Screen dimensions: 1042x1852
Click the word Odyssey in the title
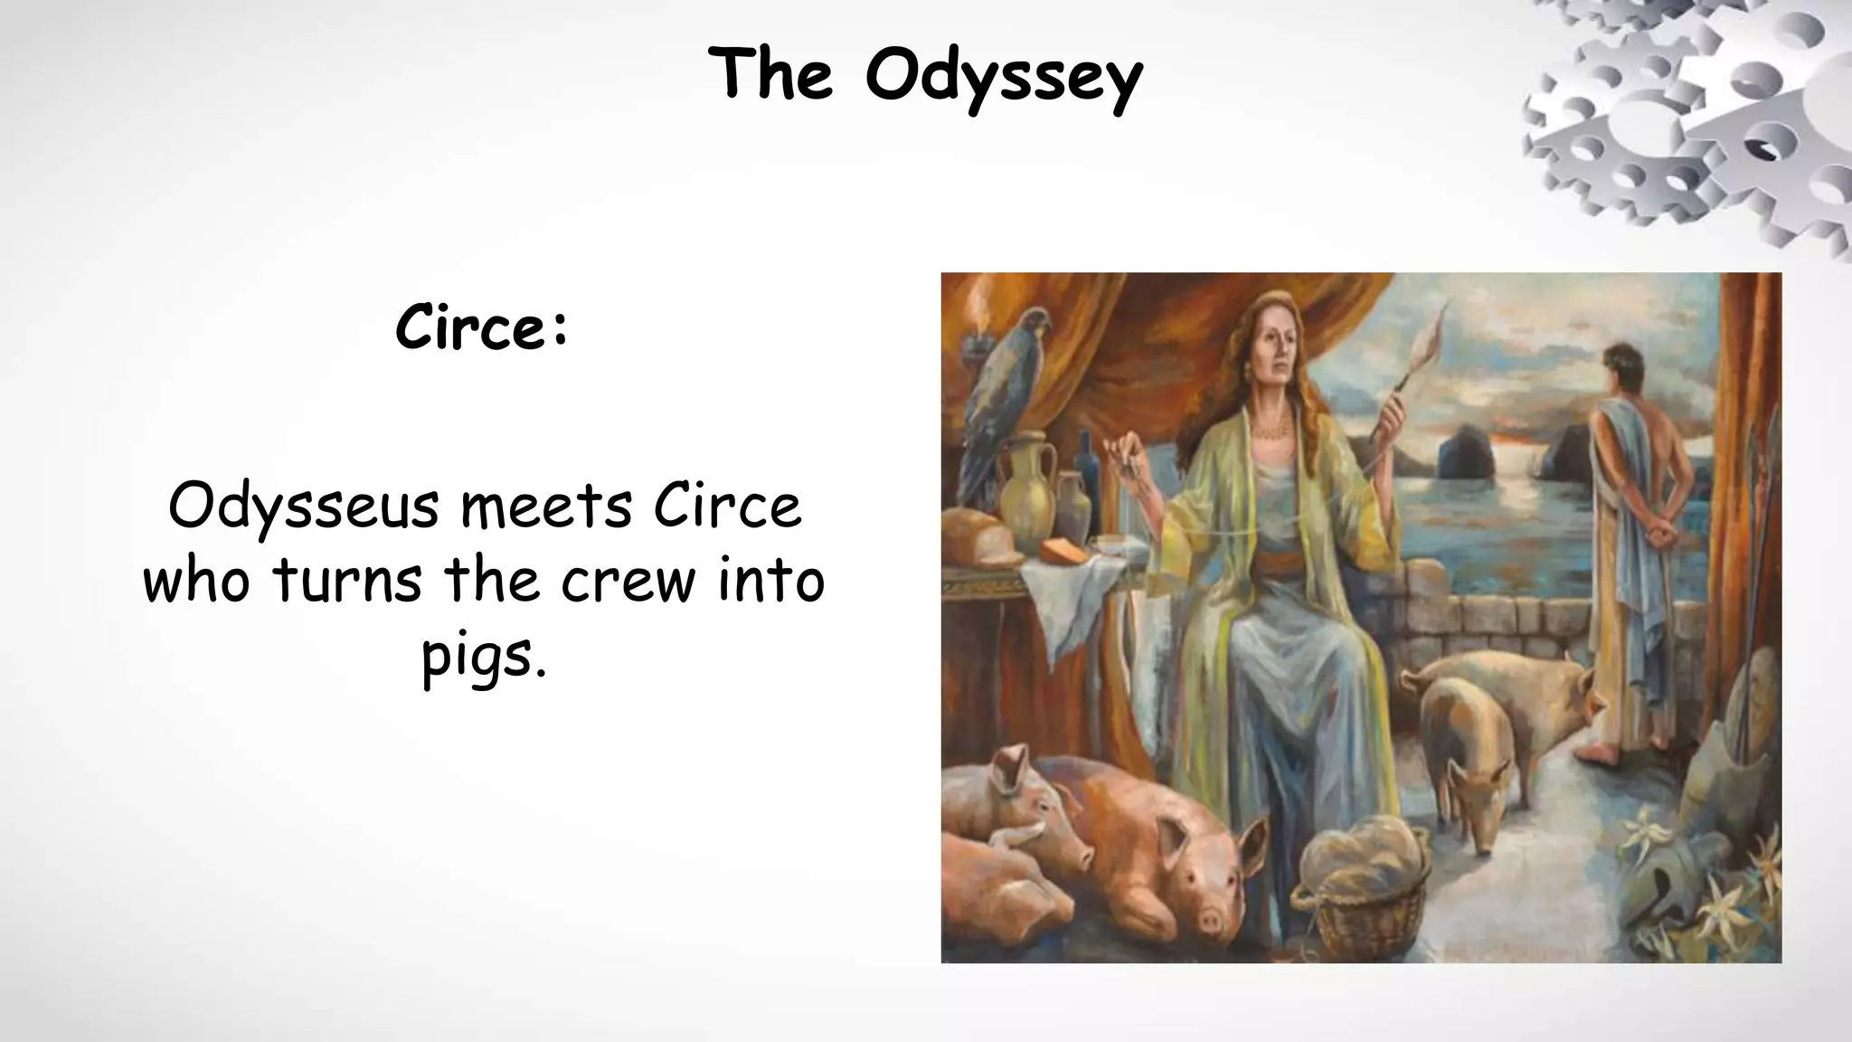(x=1004, y=77)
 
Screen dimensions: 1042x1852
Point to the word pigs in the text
(x=484, y=658)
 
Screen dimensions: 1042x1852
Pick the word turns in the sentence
(x=347, y=581)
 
